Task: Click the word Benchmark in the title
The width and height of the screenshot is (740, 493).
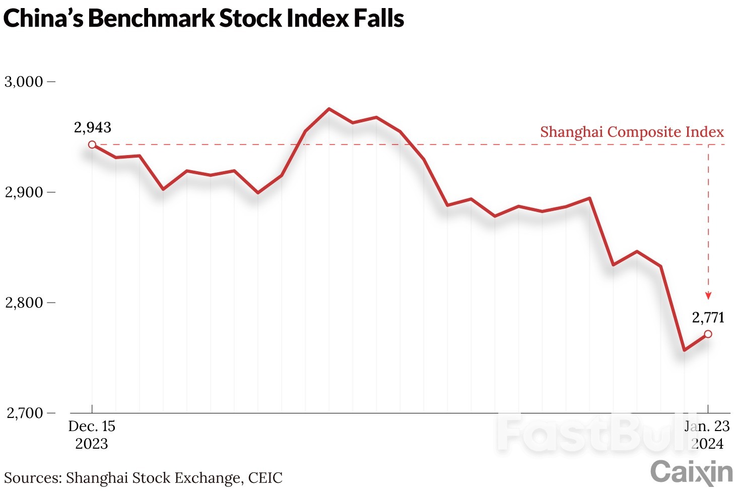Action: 151,19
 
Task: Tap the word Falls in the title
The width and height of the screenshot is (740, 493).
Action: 378,19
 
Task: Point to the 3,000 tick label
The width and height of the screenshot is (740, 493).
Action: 24,82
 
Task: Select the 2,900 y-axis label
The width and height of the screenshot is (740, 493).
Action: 24,192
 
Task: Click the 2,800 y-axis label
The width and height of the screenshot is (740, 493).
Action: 24,303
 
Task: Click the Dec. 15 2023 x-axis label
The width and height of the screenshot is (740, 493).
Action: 92,435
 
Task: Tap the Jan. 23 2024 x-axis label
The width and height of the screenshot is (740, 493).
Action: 707,435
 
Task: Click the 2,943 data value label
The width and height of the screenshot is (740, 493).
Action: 93,127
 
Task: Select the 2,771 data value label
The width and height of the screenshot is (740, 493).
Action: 708,317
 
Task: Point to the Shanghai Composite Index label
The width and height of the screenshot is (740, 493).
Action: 632,132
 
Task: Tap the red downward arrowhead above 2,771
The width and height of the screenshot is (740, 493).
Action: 708,296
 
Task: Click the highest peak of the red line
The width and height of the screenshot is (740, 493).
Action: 328,109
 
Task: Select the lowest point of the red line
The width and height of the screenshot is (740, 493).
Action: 684,350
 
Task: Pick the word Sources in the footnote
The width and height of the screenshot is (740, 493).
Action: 33,477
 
